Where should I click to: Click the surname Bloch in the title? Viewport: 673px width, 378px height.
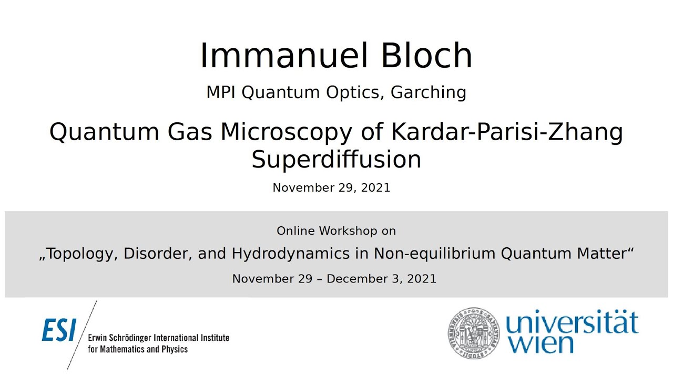click(426, 56)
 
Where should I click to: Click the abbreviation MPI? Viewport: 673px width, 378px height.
click(221, 92)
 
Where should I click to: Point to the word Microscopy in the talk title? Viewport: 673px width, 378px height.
click(285, 132)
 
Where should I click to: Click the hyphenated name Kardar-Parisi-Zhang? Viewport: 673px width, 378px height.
click(507, 132)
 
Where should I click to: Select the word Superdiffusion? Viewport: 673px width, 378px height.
click(336, 159)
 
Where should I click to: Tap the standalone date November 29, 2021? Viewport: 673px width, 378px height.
click(331, 187)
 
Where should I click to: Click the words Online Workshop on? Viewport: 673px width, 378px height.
click(336, 231)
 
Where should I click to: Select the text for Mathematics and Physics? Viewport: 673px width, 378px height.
click(138, 349)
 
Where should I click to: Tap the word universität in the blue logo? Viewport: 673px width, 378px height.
click(572, 324)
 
